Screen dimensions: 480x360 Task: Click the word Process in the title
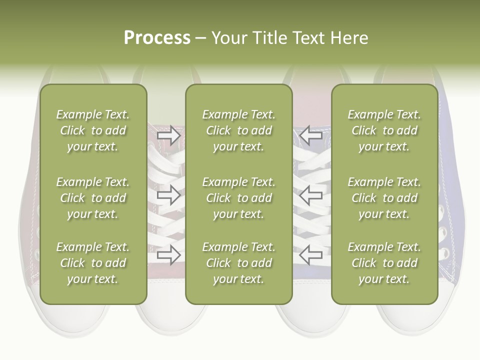coord(157,38)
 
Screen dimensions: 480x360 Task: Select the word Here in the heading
coord(349,38)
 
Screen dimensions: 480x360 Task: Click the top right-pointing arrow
coord(168,135)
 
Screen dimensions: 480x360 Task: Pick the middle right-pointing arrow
coord(168,195)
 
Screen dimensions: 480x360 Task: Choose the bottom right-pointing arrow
coord(168,254)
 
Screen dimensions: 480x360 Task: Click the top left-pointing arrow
coord(310,135)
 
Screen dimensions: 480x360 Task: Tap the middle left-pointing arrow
coord(310,195)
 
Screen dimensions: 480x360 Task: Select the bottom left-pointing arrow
coord(310,254)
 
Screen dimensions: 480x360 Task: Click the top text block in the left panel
coord(93,130)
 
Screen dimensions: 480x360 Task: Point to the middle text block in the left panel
coord(93,198)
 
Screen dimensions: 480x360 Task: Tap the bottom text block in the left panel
coord(93,263)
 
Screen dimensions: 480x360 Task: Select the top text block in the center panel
coord(239,130)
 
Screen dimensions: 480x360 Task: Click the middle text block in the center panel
coord(239,198)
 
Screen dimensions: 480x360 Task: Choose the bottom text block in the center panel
coord(239,263)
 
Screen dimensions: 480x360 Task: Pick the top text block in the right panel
coord(384,130)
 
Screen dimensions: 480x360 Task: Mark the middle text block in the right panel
coord(384,198)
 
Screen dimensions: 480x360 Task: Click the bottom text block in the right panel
coord(384,263)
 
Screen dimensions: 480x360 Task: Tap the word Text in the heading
coord(308,38)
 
